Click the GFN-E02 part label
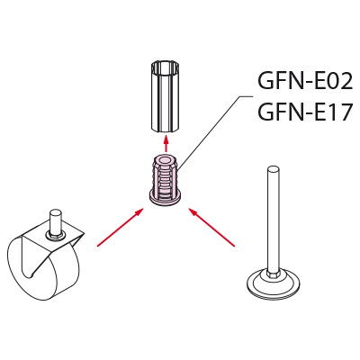click(x=305, y=81)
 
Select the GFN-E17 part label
click(x=304, y=112)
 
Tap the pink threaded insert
click(x=166, y=179)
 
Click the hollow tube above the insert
click(x=166, y=96)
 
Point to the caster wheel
click(x=38, y=270)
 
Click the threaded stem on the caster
click(x=54, y=221)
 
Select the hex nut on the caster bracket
click(x=54, y=237)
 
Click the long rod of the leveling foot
click(x=272, y=218)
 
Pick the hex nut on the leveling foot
click(x=272, y=272)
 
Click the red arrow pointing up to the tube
click(x=166, y=143)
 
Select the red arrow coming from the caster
click(x=120, y=228)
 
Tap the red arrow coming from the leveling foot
click(x=211, y=228)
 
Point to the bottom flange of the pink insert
click(x=166, y=199)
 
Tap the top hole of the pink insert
click(x=166, y=159)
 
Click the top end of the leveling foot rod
click(x=272, y=168)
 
